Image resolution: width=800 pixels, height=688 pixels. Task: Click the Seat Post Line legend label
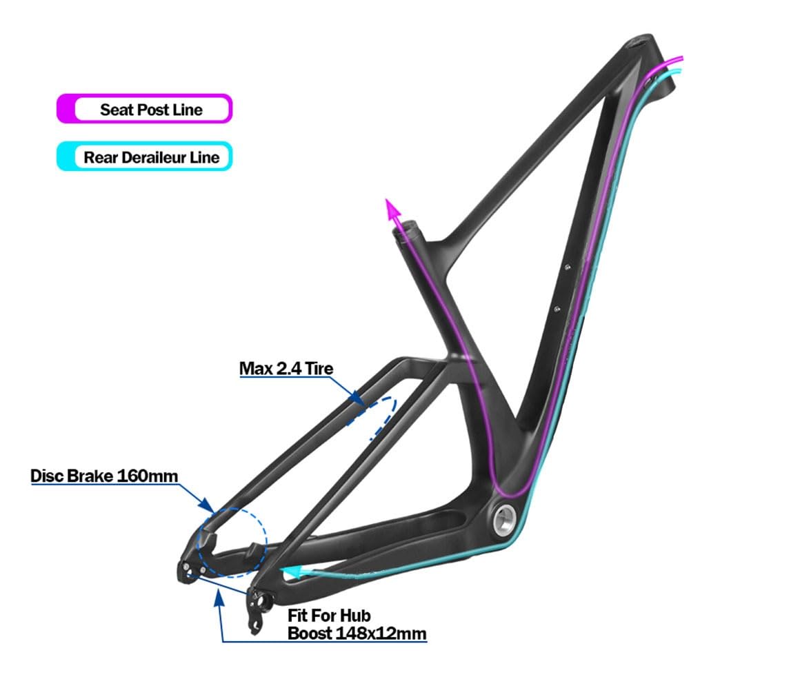point(151,110)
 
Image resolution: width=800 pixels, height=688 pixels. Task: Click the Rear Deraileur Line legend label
point(151,157)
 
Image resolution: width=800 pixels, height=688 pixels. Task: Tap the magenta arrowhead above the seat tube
point(394,209)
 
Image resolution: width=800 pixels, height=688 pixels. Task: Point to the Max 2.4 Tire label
point(286,369)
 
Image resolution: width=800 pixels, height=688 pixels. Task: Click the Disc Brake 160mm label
point(104,476)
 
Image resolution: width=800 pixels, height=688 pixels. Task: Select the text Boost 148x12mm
point(357,633)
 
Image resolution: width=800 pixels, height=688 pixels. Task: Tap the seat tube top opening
point(407,229)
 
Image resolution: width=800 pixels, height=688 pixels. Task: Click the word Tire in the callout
point(319,369)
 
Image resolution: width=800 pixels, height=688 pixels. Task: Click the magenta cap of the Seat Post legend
point(65,110)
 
